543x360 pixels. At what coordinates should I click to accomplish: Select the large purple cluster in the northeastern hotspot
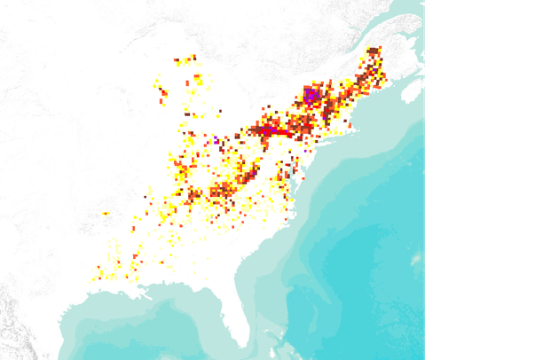(311, 95)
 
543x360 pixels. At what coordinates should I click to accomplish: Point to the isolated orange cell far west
(106, 214)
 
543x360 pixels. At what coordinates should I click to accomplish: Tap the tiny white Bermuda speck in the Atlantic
(416, 258)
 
